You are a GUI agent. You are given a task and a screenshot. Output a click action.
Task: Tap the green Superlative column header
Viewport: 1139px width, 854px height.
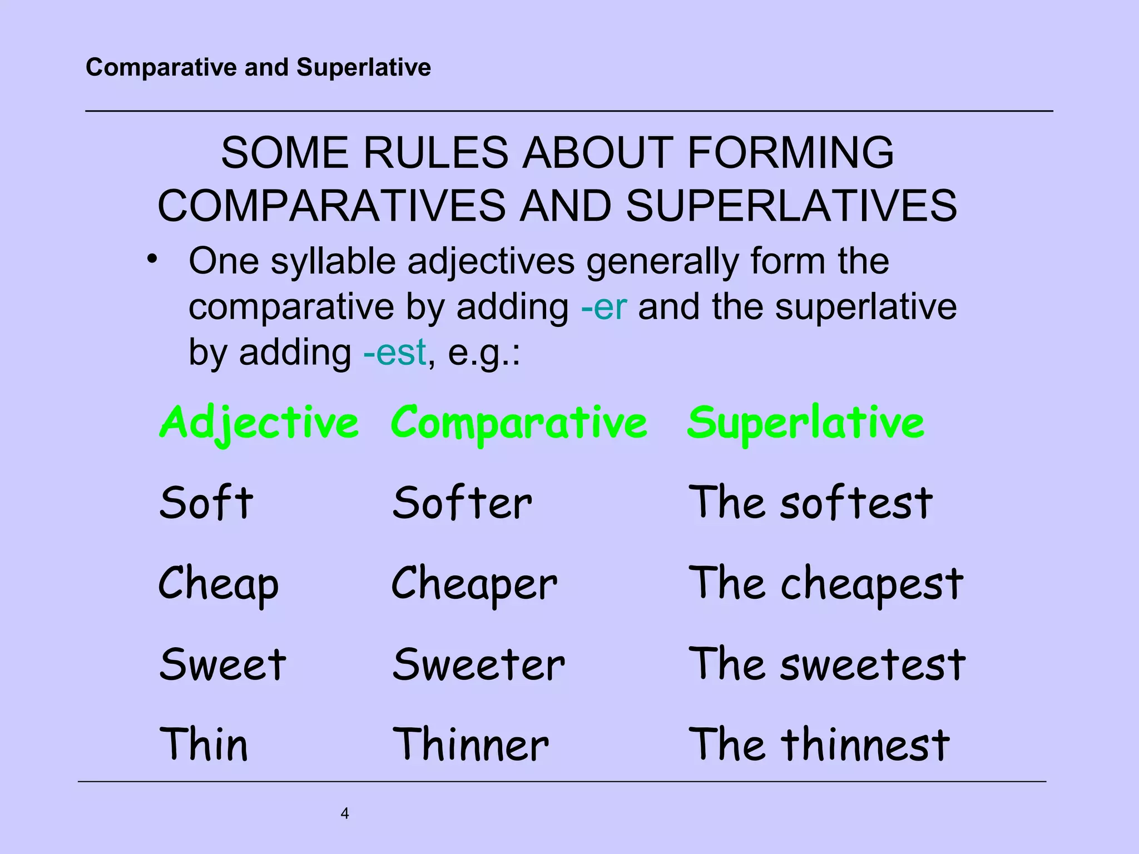(806, 423)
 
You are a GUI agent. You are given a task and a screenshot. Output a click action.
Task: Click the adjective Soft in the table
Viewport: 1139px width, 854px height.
(206, 503)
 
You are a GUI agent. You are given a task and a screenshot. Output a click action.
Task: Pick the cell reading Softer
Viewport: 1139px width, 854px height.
(462, 503)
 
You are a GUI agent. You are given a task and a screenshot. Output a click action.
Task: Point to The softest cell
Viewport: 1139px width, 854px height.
(810, 503)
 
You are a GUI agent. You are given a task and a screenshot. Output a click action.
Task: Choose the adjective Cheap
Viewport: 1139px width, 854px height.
(219, 584)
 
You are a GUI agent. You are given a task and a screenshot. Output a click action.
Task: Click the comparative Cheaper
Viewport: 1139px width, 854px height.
(474, 584)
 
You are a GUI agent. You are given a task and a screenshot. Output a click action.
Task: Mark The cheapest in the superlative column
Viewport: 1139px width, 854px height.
(826, 584)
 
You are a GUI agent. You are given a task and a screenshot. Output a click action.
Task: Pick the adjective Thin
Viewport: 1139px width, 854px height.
(204, 744)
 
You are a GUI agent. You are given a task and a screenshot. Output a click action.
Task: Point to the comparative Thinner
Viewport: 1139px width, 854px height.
(471, 744)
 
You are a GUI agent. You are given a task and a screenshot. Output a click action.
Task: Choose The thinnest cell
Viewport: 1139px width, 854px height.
(819, 744)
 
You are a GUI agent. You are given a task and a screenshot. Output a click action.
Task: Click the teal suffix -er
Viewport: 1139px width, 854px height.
(604, 307)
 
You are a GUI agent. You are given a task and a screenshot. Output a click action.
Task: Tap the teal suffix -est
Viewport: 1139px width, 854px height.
(394, 352)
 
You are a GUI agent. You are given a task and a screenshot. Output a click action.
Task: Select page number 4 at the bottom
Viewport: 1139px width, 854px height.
(345, 813)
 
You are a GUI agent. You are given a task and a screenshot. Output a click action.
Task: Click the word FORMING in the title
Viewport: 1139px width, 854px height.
(790, 153)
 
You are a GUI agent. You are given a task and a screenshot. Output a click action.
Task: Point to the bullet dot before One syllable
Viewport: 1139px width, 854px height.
(152, 259)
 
